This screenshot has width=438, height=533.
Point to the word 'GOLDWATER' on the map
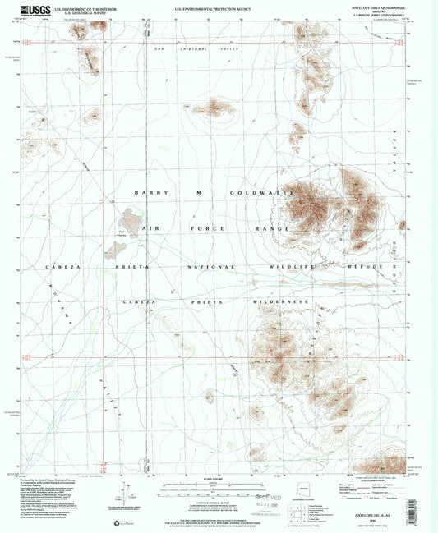tap(265, 193)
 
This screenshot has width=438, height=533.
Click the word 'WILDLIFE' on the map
tap(294, 268)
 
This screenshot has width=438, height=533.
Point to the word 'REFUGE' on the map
tap(367, 268)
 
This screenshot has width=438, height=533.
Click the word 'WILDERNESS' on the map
tap(274, 302)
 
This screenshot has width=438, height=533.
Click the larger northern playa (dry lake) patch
tap(131, 219)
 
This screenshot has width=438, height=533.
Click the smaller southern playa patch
tap(112, 248)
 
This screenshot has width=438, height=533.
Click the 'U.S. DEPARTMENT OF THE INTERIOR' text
tap(86, 7)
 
